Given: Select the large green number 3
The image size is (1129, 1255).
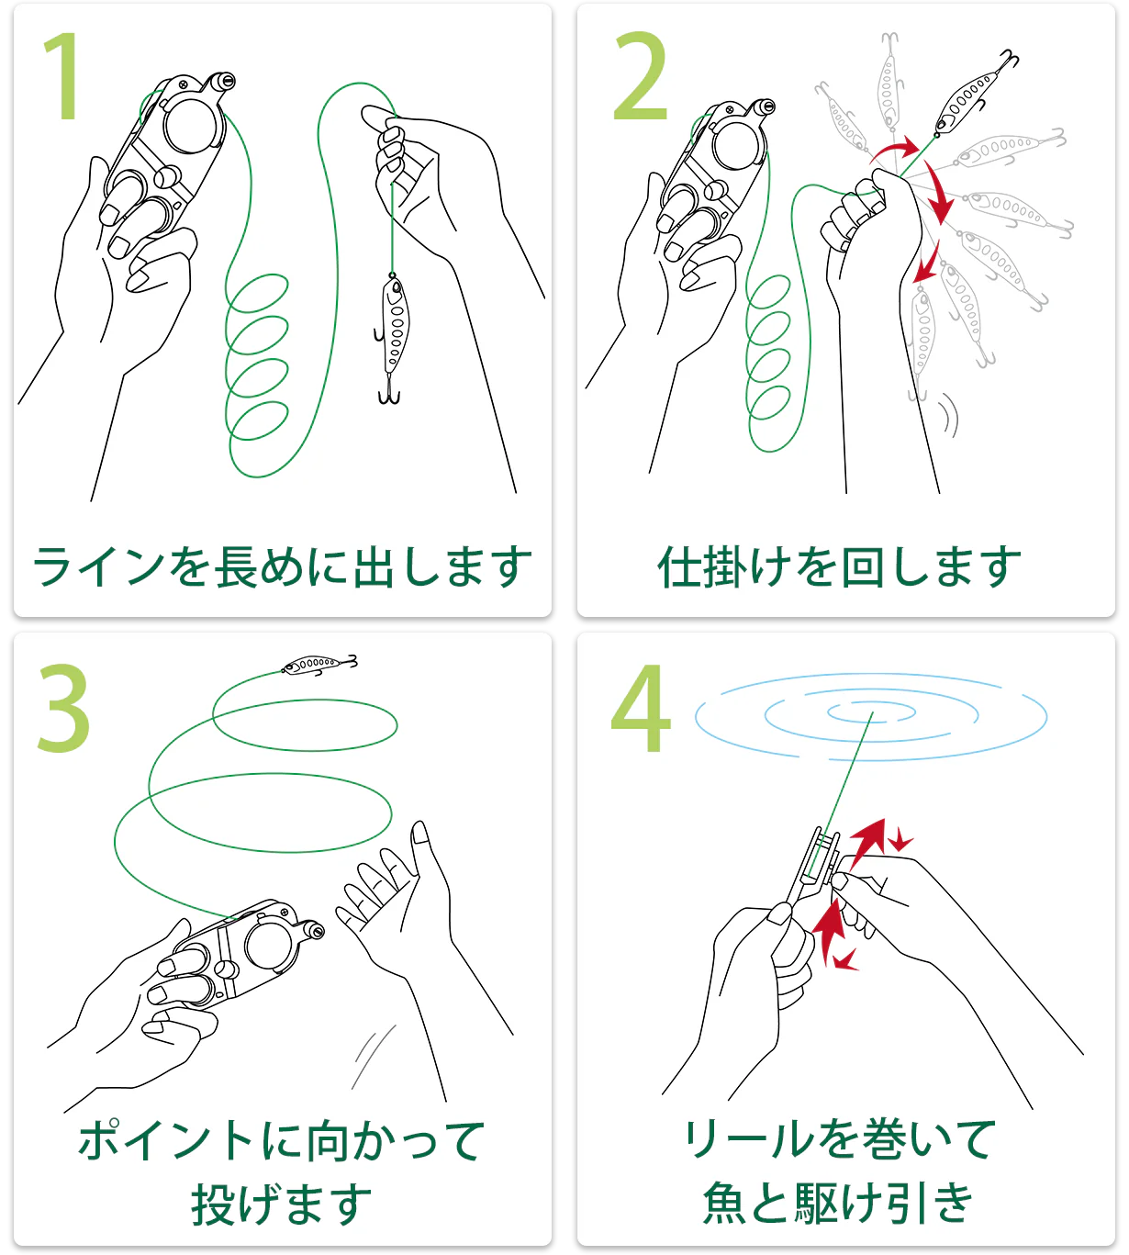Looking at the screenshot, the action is pyautogui.click(x=64, y=708).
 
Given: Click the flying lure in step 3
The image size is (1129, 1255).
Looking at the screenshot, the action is pyautogui.click(x=319, y=664).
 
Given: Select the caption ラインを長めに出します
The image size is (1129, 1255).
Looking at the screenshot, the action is pyautogui.click(x=283, y=566).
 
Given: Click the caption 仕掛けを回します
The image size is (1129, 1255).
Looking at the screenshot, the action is pyautogui.click(x=839, y=566).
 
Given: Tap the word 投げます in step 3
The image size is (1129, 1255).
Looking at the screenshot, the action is pyautogui.click(x=282, y=1205).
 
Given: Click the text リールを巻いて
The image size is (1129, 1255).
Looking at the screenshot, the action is pyautogui.click(x=839, y=1138).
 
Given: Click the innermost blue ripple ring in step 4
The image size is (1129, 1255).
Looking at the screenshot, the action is pyautogui.click(x=871, y=712).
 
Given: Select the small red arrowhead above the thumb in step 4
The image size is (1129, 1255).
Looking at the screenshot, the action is pyautogui.click(x=901, y=840).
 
